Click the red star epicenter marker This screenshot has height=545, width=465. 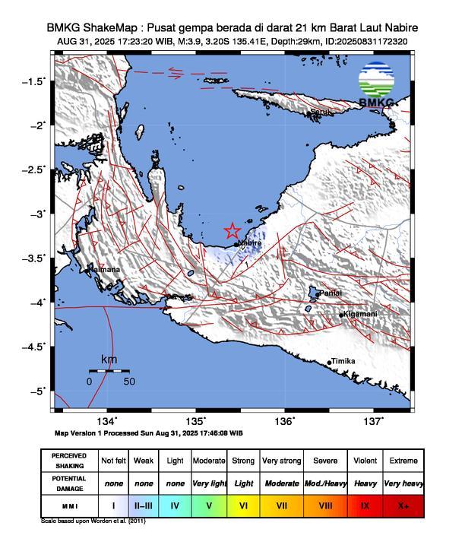pyautogui.click(x=232, y=231)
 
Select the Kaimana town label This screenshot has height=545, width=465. pyautogui.click(x=104, y=269)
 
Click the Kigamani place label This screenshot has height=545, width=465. pyautogui.click(x=360, y=314)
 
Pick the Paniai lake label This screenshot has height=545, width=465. pyautogui.click(x=330, y=293)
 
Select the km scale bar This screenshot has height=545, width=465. pyautogui.click(x=109, y=370)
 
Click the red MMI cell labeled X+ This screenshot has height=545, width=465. pyautogui.click(x=403, y=504)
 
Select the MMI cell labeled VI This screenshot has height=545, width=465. pyautogui.click(x=244, y=504)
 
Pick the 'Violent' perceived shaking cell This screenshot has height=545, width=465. pyautogui.click(x=365, y=461)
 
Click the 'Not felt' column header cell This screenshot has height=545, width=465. pyautogui.click(x=114, y=461)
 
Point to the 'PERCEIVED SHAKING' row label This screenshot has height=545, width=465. pyautogui.click(x=69, y=461)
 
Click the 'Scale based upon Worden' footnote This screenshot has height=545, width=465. pyautogui.click(x=93, y=521)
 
